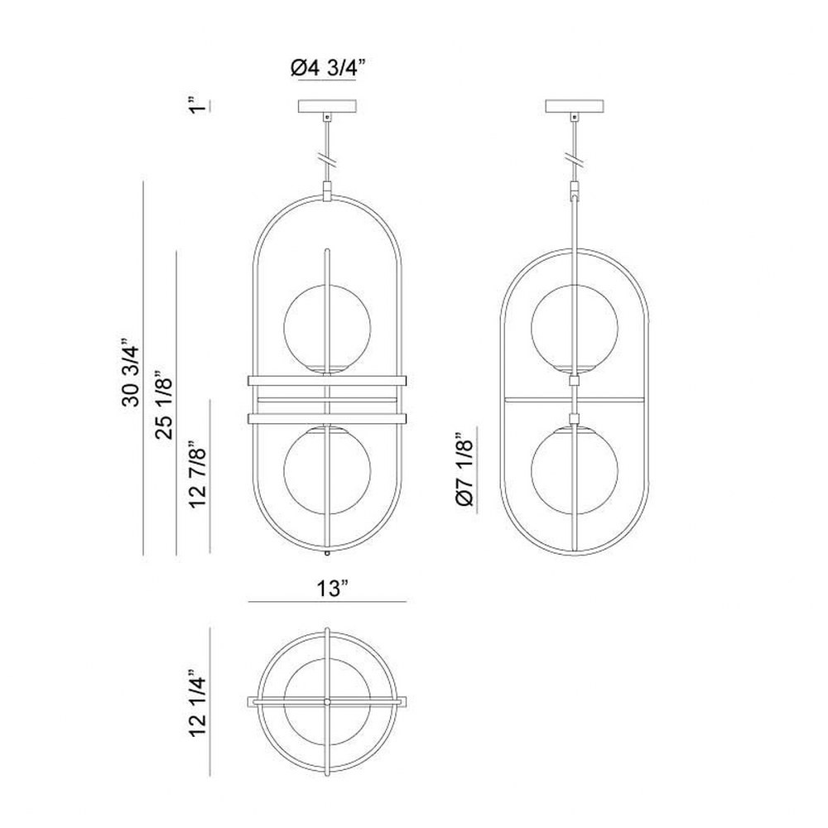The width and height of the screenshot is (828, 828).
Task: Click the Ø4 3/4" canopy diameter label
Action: [x=327, y=68]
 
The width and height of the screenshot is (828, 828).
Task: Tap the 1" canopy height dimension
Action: [x=198, y=104]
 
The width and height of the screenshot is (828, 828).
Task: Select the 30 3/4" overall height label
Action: [x=131, y=372]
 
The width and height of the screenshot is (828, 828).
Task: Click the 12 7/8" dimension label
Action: [x=198, y=474]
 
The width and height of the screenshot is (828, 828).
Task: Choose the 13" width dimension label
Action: [x=333, y=587]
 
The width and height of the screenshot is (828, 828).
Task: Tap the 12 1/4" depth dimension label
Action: [x=198, y=705]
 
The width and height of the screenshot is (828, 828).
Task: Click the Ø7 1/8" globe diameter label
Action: [x=465, y=471]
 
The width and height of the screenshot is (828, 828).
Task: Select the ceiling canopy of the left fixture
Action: [x=327, y=106]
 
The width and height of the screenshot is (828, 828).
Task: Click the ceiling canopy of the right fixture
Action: [x=574, y=106]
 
